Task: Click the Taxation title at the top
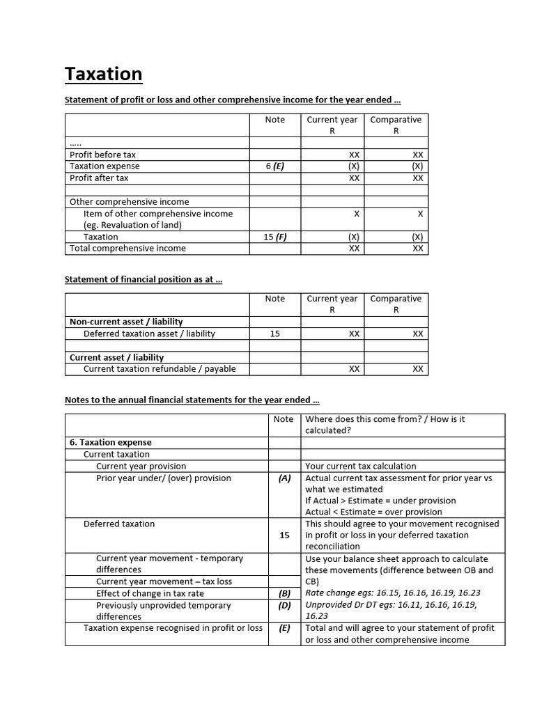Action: click(x=103, y=74)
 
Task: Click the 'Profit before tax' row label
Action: click(x=102, y=155)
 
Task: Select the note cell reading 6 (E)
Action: click(x=274, y=166)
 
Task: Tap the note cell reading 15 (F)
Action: click(x=274, y=237)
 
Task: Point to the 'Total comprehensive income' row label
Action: click(x=127, y=249)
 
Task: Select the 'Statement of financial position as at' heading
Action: click(x=143, y=279)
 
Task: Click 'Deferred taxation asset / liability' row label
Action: click(x=149, y=334)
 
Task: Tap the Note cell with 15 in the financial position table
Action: click(x=274, y=334)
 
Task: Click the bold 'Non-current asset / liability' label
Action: click(x=126, y=322)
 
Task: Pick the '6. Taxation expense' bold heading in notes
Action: click(x=110, y=442)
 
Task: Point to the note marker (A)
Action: click(x=284, y=478)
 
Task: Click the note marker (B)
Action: click(x=284, y=593)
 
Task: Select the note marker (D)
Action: click(x=284, y=605)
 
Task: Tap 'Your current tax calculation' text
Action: click(x=361, y=467)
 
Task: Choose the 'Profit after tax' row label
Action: click(x=99, y=178)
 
